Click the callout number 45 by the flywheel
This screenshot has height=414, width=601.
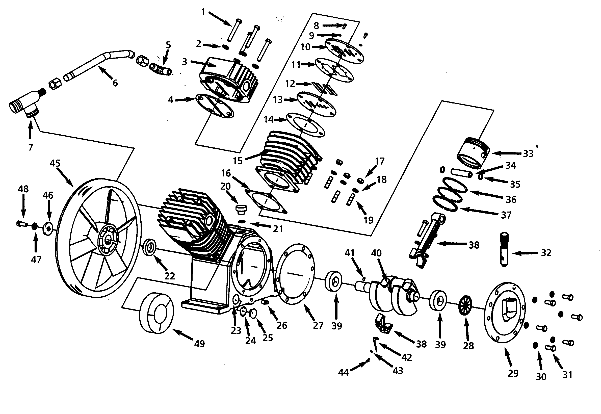coord(55,163)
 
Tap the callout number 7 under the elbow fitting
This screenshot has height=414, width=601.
coord(31,147)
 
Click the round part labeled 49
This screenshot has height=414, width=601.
coord(156,313)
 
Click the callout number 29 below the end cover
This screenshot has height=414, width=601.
coord(513,373)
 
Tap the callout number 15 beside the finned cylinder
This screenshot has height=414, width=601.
coord(238,161)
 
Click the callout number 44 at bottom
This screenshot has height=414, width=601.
coord(344,373)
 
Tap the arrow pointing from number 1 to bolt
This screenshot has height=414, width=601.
coord(220,19)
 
